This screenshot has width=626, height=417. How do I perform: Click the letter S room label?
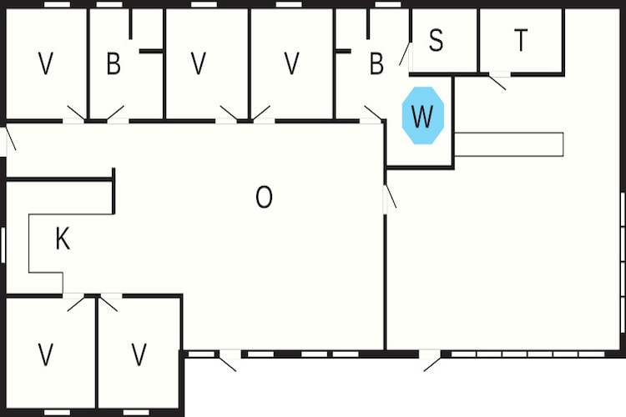pos(436,40)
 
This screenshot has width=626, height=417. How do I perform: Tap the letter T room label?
pos(521,40)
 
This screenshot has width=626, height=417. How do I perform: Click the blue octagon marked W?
pos(423,115)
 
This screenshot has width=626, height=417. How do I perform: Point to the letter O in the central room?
pos(264,197)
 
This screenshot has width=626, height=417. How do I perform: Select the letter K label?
pos(63,239)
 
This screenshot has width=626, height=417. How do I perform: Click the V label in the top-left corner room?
pos(46,63)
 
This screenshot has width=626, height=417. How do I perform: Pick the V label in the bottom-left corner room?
pos(46,354)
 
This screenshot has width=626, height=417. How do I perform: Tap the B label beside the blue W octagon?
pos(376,63)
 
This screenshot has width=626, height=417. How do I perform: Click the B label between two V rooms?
pos(114,63)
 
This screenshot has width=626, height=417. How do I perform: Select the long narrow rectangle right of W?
pos(509,144)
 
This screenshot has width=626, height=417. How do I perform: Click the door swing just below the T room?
pos(497,82)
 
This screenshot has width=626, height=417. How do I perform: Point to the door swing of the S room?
pos(404,54)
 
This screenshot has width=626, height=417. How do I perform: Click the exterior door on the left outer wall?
pos(10,139)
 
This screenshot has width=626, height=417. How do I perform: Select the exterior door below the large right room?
pos(432,362)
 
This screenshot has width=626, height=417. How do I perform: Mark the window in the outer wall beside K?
pos(3,244)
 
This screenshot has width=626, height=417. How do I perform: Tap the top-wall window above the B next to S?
pos(388,4)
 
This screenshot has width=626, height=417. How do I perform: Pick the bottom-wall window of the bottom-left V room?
pos(57,412)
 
